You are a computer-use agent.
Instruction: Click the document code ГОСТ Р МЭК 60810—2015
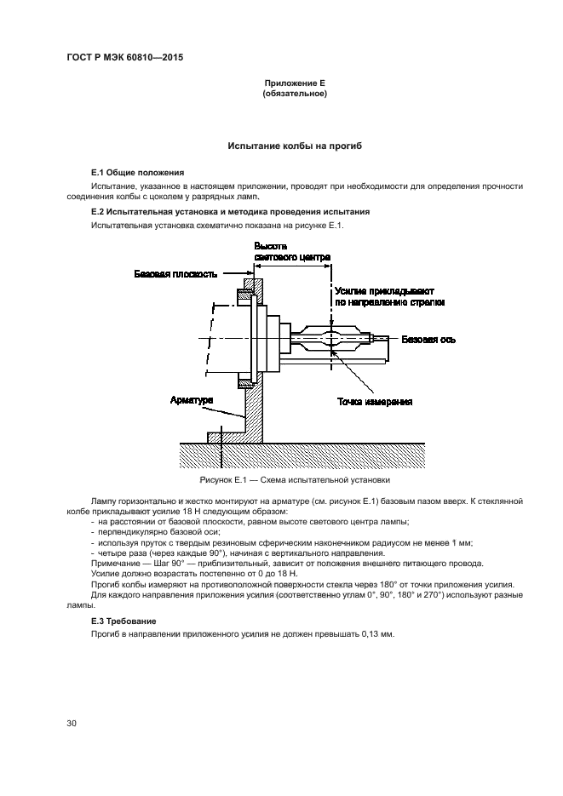125,57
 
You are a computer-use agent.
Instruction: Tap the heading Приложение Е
295,83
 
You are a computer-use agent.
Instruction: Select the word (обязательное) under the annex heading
295,94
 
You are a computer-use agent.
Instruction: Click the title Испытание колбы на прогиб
295,146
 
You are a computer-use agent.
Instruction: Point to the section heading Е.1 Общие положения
138,173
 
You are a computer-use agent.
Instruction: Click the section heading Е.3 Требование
124,621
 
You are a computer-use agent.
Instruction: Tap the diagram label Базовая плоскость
175,274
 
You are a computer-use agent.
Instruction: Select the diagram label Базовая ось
428,339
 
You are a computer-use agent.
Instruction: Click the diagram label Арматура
192,400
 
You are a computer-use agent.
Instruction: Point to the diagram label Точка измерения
375,402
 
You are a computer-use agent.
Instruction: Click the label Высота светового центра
292,252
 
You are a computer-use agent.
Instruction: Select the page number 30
71,723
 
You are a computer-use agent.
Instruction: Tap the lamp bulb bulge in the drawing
330,338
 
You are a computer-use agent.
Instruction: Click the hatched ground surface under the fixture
302,455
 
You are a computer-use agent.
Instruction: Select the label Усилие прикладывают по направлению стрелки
390,297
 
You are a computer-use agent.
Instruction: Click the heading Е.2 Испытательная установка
231,212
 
